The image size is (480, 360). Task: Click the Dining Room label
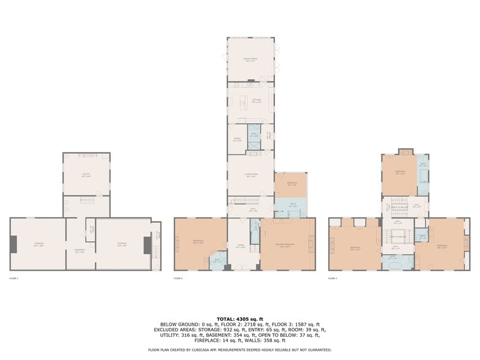tap(250, 60)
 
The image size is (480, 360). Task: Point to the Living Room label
tap(250, 175)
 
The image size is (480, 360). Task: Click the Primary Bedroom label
tap(287, 244)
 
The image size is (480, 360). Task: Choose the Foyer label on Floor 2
tap(241, 247)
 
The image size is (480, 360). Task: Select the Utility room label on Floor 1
tap(86, 174)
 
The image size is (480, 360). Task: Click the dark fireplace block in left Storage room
tap(13, 245)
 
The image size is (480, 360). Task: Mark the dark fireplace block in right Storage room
tap(147, 245)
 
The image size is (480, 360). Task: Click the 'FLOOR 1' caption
tap(13, 279)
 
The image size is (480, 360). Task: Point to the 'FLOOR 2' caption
tap(179, 279)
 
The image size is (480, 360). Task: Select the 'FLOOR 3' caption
tap(333, 279)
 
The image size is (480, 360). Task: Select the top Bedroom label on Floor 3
tap(399, 172)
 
